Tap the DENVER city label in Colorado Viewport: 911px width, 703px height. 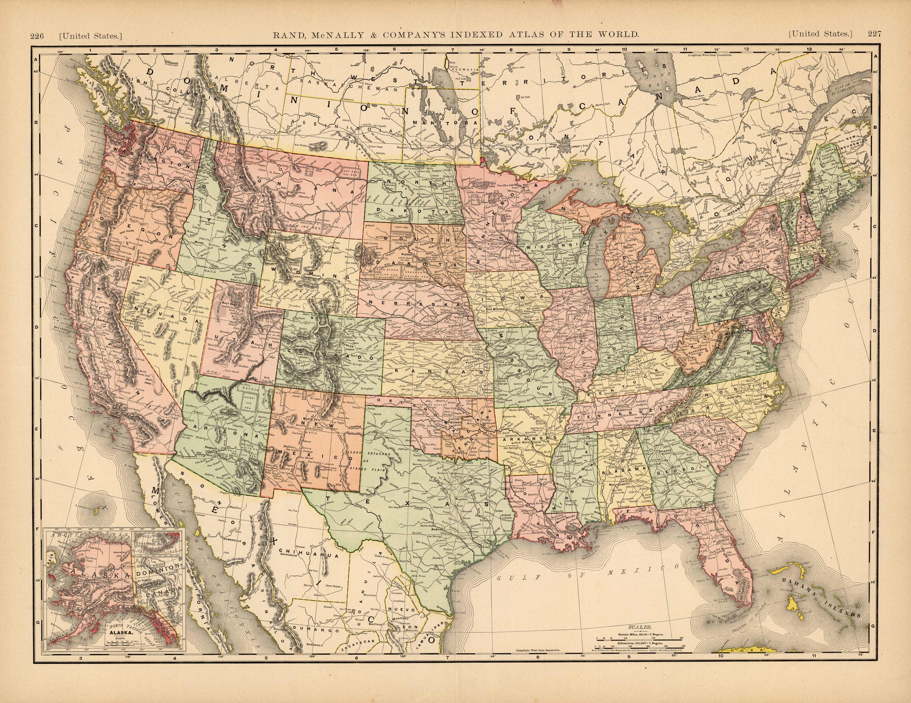click(x=347, y=346)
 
